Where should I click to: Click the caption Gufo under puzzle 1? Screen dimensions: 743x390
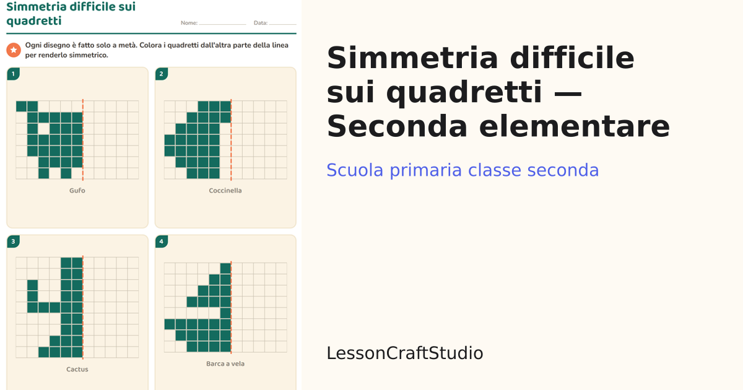(x=77, y=191)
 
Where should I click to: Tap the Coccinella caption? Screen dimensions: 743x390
(x=225, y=191)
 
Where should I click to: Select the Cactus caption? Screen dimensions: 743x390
(x=77, y=369)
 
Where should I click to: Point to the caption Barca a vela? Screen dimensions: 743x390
(x=225, y=364)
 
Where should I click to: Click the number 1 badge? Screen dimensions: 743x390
(x=13, y=74)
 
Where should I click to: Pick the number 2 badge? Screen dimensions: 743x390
(x=161, y=74)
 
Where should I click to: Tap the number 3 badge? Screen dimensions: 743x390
(x=13, y=241)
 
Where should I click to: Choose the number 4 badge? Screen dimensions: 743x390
(x=161, y=241)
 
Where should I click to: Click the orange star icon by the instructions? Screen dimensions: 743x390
(x=14, y=50)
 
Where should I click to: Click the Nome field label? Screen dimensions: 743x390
(x=189, y=23)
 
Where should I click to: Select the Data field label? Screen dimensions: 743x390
(x=261, y=23)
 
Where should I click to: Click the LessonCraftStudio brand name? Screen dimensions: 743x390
(x=405, y=353)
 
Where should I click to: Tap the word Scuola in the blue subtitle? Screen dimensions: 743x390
(x=355, y=170)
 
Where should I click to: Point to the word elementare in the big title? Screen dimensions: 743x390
(x=575, y=126)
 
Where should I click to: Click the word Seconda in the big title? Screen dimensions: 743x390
(x=397, y=126)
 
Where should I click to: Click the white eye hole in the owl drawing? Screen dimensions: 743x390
(x=43, y=129)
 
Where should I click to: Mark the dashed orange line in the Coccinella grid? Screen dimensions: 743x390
(x=231, y=140)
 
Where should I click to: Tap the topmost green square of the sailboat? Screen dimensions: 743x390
(x=225, y=268)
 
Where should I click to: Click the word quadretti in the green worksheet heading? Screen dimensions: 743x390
(x=34, y=21)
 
